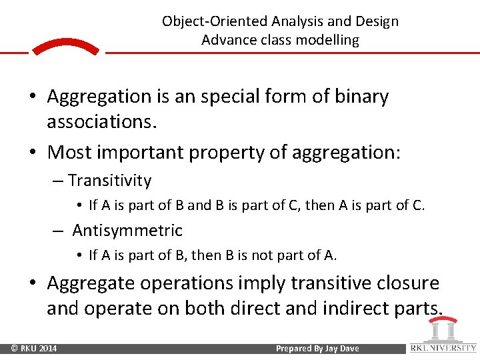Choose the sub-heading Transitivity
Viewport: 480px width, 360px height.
pyautogui.click(x=109, y=181)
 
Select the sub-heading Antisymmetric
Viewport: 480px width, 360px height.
pyautogui.click(x=127, y=231)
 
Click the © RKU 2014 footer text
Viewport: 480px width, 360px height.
pyautogui.click(x=34, y=349)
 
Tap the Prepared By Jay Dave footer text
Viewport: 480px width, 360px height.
pyautogui.click(x=317, y=349)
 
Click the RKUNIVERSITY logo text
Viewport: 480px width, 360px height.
pyautogui.click(x=443, y=347)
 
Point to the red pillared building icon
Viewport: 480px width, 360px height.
pyautogui.click(x=442, y=329)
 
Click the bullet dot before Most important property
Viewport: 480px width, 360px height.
pyautogui.click(x=32, y=153)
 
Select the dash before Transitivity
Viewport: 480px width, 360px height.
pyautogui.click(x=59, y=181)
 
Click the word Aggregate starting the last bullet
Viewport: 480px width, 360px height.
pyautogui.click(x=91, y=283)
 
